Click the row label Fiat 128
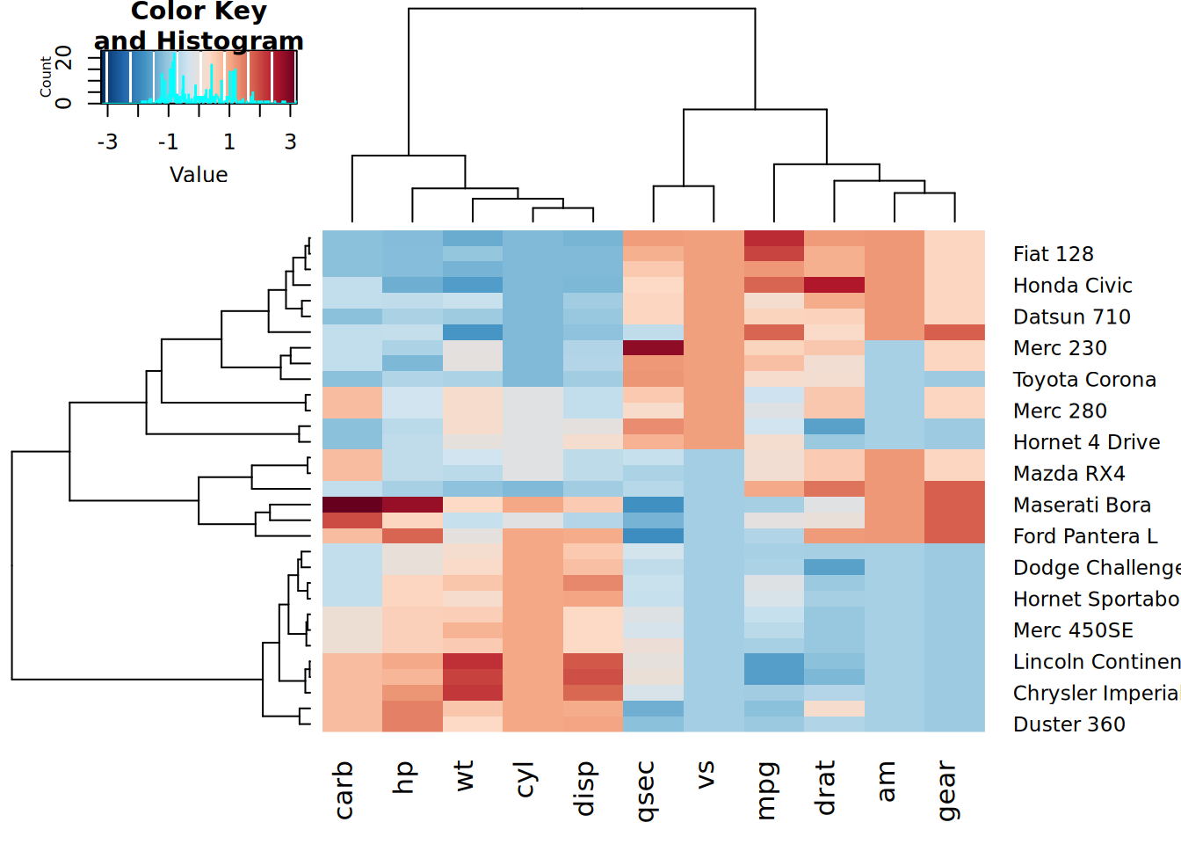pos(1053,254)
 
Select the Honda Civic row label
pos(1072,286)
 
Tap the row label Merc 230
pos(1060,348)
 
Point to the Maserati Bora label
pos(1082,505)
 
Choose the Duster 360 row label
pos(1069,724)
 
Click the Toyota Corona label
pos(1084,380)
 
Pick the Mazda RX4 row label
pos(1069,474)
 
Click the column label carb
pos(344,789)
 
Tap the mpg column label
pos(765,789)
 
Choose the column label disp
pos(584,789)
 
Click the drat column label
pos(825,788)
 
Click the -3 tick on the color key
pos(107,142)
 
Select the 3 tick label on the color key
pos(290,142)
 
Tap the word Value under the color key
pos(199,175)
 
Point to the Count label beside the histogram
pos(46,77)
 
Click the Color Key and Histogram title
pos(199,25)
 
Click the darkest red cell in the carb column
pos(352,505)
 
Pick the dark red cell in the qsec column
pos(653,347)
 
